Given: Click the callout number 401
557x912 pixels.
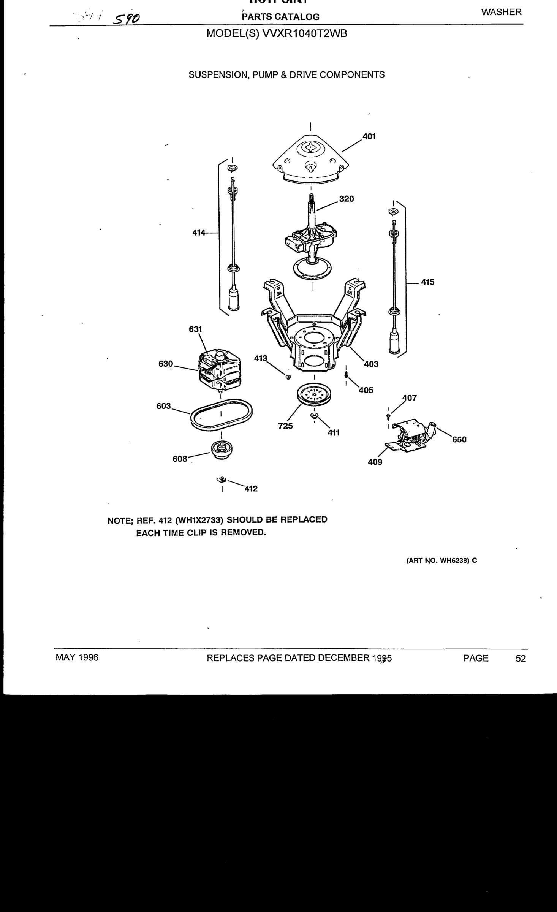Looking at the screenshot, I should pyautogui.click(x=369, y=136).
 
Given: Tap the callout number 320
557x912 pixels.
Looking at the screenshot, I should pyautogui.click(x=347, y=199).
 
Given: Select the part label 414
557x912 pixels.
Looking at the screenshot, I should pyautogui.click(x=199, y=233).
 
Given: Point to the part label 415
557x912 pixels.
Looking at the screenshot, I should pyautogui.click(x=427, y=282).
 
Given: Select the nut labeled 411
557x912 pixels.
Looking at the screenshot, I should pyautogui.click(x=314, y=415).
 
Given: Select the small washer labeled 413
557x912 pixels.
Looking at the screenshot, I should pyautogui.click(x=288, y=377).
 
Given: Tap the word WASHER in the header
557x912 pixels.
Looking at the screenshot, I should pyautogui.click(x=501, y=13).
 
